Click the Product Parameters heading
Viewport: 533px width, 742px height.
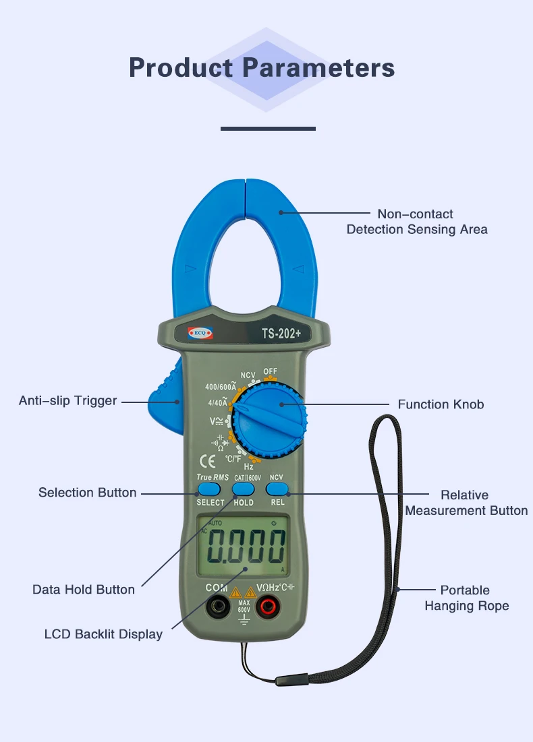[x=262, y=68]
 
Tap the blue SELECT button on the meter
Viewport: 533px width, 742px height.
[x=210, y=490]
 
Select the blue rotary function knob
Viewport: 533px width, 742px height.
[x=269, y=419]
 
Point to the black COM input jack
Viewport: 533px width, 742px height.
[x=217, y=609]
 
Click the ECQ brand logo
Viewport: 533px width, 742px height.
[x=194, y=333]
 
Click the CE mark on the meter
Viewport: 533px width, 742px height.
[x=208, y=462]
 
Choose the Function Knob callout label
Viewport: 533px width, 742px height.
[x=441, y=405]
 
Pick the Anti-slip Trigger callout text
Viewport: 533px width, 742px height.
[x=67, y=401]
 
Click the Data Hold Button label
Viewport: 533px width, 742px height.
[x=84, y=590]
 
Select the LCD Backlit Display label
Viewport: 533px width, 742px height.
[x=103, y=634]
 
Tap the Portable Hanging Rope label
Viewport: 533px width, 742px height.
[x=466, y=598]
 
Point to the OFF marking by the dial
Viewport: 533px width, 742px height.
[x=271, y=371]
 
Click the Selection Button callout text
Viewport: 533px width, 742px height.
[x=87, y=493]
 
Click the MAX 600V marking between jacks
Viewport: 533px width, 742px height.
[x=244, y=606]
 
